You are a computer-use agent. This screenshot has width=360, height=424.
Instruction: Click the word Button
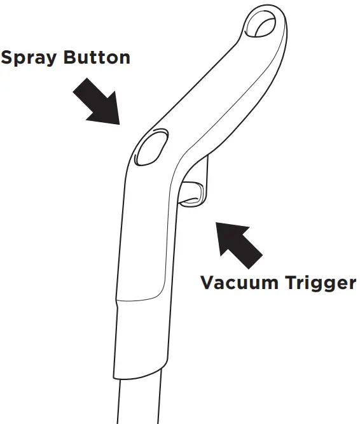pyautogui.click(x=97, y=57)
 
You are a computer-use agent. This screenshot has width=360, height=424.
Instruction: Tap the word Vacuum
pyautogui.click(x=239, y=282)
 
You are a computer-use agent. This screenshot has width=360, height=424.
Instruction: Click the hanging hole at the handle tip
pyautogui.click(x=261, y=24)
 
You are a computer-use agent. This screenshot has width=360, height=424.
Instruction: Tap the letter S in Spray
pyautogui.click(x=6, y=57)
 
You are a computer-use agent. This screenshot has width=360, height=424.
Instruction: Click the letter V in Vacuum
pyautogui.click(x=208, y=282)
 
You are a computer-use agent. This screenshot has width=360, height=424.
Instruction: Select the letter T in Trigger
pyautogui.click(x=291, y=282)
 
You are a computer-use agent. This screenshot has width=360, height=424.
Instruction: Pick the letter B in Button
pyautogui.click(x=70, y=57)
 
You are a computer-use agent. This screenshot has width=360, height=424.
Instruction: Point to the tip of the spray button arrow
pyautogui.click(x=120, y=124)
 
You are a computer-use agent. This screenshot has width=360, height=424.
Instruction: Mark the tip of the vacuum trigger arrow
pyautogui.click(x=216, y=223)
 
